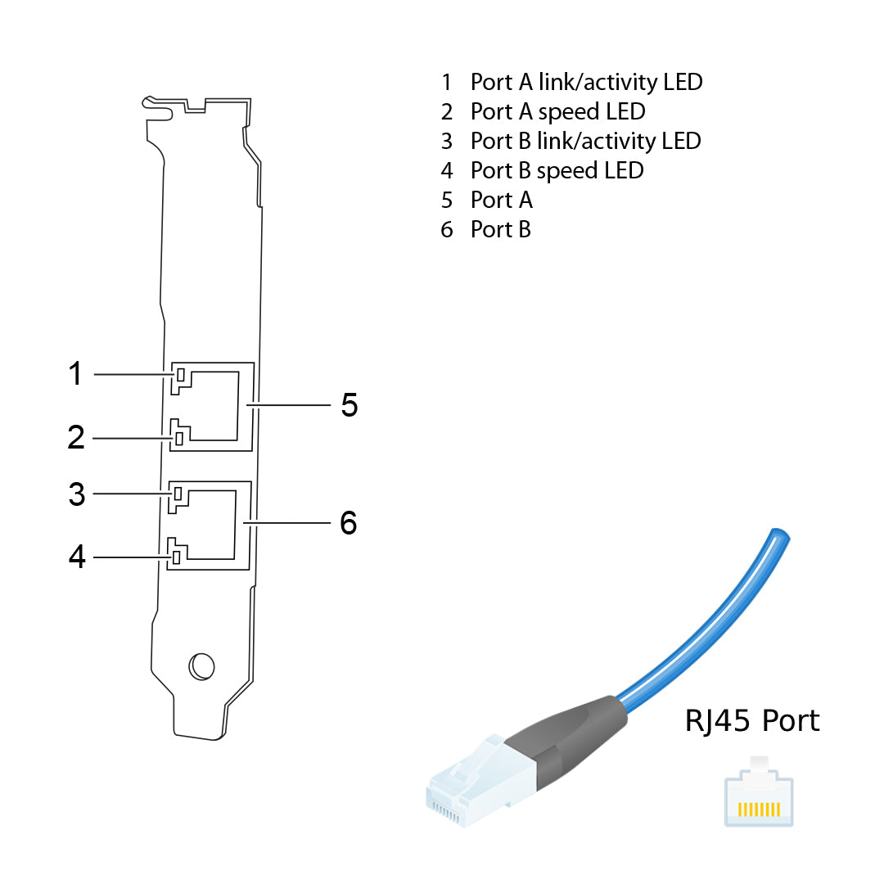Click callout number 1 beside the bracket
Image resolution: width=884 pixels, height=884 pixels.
click(75, 374)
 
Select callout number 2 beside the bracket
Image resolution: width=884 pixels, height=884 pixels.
click(75, 438)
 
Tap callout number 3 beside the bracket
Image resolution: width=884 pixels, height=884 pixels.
click(76, 494)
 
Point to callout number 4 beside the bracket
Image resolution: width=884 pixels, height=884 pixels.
click(77, 557)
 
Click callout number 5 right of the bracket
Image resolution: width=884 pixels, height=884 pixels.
click(350, 404)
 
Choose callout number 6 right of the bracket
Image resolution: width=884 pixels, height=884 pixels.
click(349, 522)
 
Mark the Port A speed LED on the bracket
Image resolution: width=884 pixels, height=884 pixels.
click(179, 439)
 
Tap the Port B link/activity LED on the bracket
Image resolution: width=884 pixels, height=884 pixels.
click(177, 494)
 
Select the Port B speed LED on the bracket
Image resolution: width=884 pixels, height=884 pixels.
click(176, 558)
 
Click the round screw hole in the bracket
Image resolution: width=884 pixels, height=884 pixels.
click(201, 666)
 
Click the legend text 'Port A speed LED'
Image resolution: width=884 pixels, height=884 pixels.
click(557, 111)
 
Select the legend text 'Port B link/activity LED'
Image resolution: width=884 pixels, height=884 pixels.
click(585, 141)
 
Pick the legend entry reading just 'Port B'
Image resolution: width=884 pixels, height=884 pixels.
click(500, 229)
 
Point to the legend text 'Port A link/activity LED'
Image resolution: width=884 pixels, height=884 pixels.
click(586, 82)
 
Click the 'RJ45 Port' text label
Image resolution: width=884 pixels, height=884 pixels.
click(751, 721)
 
